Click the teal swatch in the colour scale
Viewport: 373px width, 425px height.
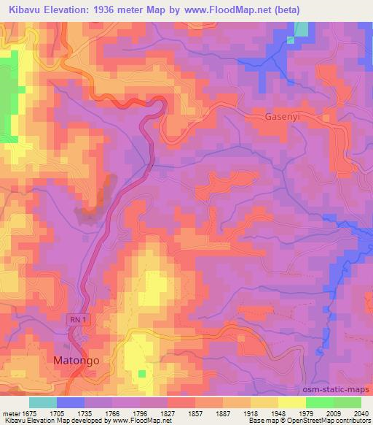[43, 402]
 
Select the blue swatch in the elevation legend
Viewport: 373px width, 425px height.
[71, 402]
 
